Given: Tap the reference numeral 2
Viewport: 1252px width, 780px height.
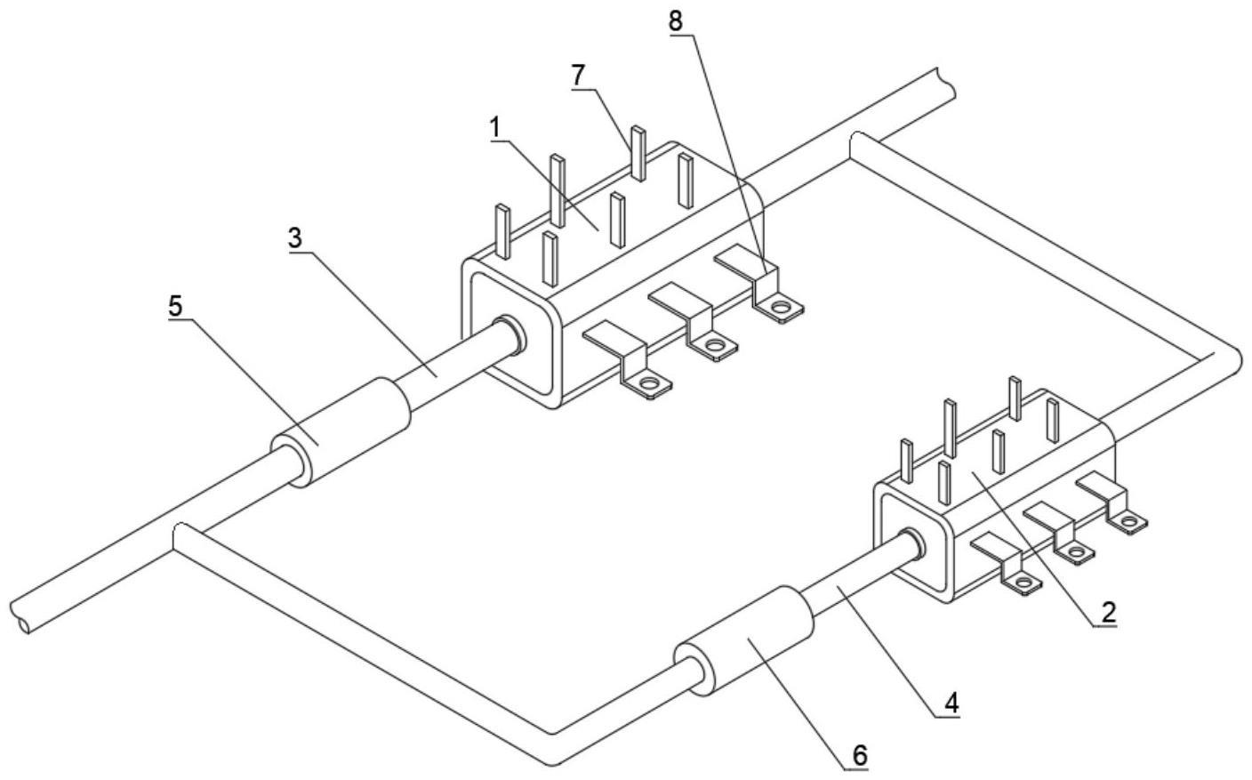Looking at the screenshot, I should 1107,612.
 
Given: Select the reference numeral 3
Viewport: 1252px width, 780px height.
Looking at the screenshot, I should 295,239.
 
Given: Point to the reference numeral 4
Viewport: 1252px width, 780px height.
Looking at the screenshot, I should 951,702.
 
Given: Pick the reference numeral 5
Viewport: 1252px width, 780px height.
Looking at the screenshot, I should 176,305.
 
